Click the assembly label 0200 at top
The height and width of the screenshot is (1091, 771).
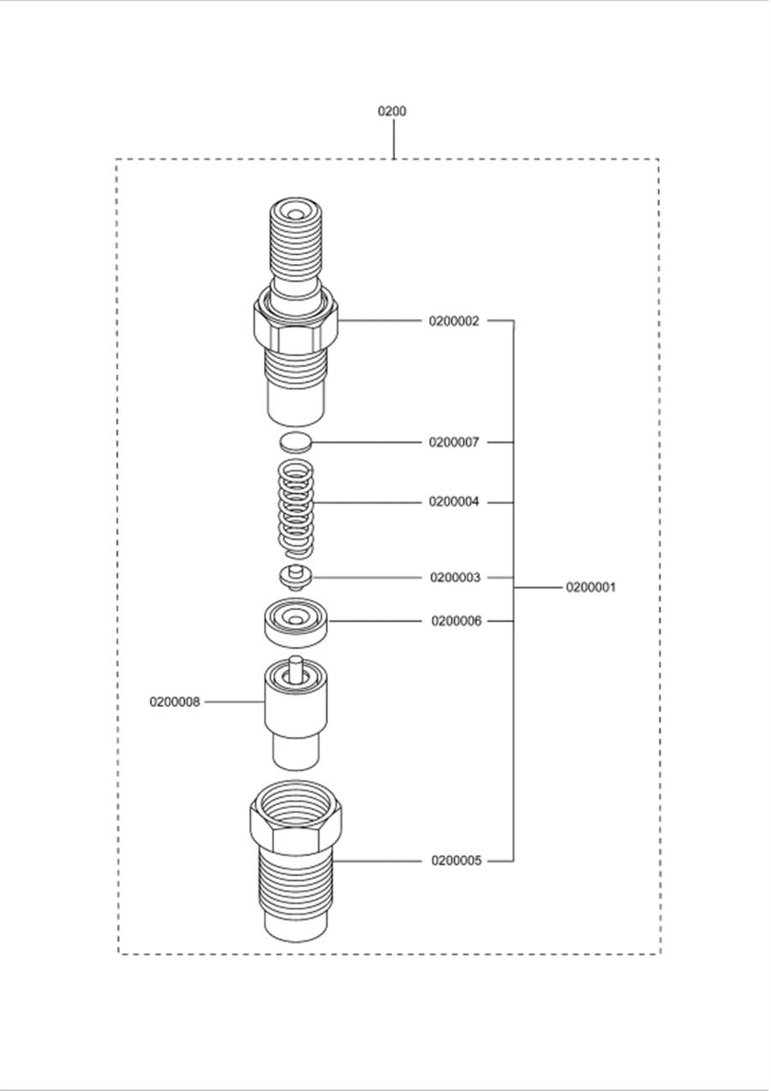(x=392, y=111)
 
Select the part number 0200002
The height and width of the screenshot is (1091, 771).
(x=454, y=321)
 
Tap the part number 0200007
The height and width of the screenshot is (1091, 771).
(x=454, y=442)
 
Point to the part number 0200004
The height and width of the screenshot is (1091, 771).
(x=454, y=502)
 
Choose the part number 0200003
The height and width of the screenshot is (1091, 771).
(x=455, y=578)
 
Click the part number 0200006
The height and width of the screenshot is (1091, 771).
(x=457, y=620)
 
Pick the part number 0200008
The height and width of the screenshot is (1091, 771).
(x=175, y=702)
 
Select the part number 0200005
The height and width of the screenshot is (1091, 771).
(x=457, y=860)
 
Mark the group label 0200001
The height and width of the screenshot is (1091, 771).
(x=590, y=588)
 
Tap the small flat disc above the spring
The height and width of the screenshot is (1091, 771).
(x=295, y=442)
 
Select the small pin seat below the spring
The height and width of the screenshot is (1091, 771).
(x=296, y=577)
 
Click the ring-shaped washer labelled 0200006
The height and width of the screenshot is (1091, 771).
(x=296, y=620)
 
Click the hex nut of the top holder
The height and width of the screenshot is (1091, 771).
(x=296, y=321)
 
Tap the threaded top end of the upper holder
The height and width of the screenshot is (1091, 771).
(x=296, y=240)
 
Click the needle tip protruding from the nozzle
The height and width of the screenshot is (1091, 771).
(x=296, y=665)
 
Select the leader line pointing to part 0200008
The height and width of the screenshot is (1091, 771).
(x=233, y=702)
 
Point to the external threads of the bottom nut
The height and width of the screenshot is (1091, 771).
(x=296, y=883)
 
